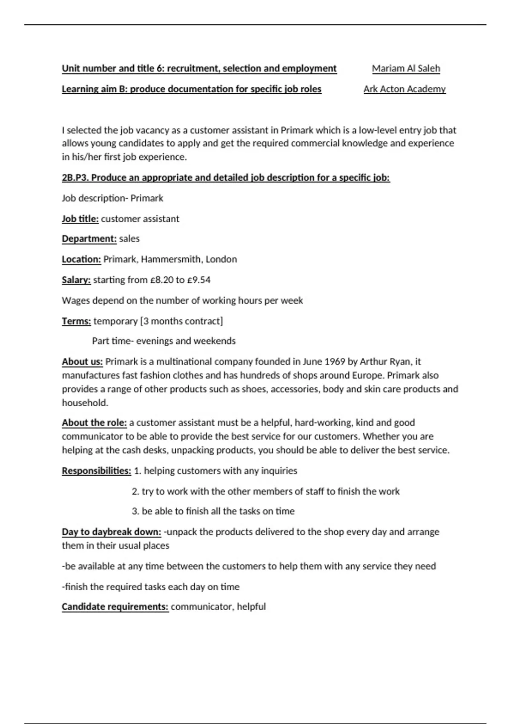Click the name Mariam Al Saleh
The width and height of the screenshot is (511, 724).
pyautogui.click(x=406, y=69)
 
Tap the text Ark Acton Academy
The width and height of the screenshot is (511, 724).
pyautogui.click(x=405, y=89)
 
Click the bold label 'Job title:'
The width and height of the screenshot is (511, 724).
pyautogui.click(x=80, y=219)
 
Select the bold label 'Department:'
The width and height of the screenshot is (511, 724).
pyautogui.click(x=89, y=239)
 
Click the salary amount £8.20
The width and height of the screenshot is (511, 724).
pyautogui.click(x=161, y=280)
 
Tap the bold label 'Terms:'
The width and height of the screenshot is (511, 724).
pyautogui.click(x=76, y=321)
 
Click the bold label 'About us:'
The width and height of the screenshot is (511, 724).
pyautogui.click(x=82, y=362)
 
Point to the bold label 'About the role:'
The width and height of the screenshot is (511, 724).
pyautogui.click(x=94, y=423)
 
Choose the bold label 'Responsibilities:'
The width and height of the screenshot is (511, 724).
pyautogui.click(x=96, y=471)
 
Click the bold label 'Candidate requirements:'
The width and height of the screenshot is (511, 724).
pyautogui.click(x=115, y=607)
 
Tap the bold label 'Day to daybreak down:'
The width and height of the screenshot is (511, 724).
pyautogui.click(x=111, y=532)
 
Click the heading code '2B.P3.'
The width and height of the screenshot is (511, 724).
pyautogui.click(x=75, y=178)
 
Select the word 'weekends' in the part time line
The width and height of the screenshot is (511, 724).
pyautogui.click(x=217, y=341)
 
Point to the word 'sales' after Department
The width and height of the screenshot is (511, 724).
pyautogui.click(x=129, y=239)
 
